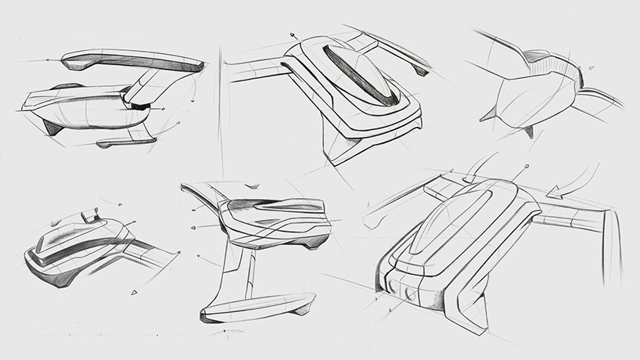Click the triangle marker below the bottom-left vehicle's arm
(134, 292)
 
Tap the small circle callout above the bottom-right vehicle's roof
(526, 166)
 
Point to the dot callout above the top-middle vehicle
(293, 34)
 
